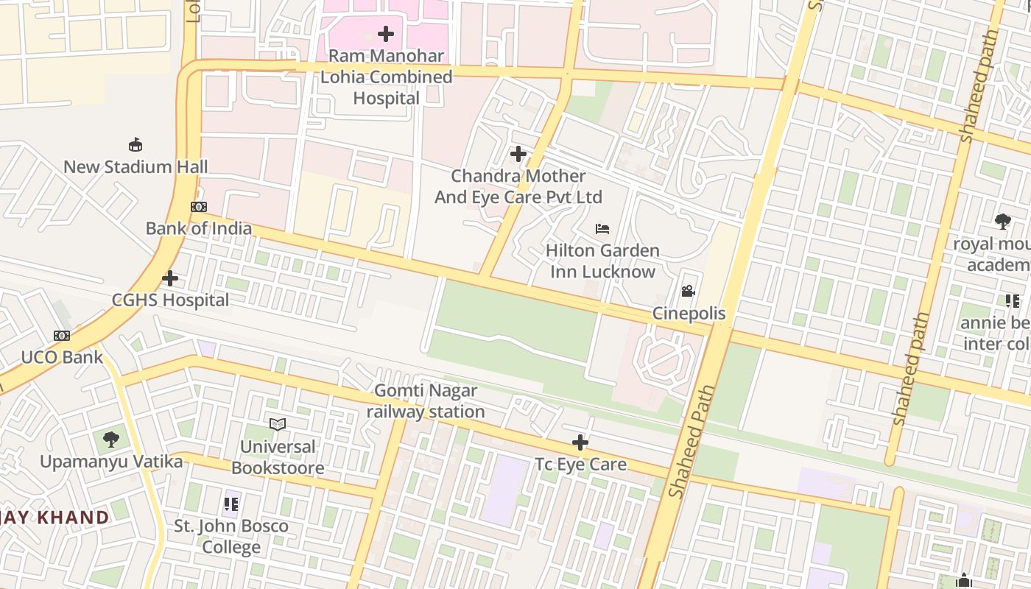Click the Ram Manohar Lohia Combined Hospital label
point(386,77)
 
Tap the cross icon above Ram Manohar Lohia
point(386,34)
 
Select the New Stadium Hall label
point(136,166)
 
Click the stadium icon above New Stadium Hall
point(136,144)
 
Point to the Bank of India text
point(199,228)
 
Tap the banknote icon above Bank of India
point(199,207)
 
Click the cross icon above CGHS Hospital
point(170,278)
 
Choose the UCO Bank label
point(62,357)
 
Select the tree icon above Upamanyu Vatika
point(111,440)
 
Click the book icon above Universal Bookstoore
point(278,424)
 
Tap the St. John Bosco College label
point(231,537)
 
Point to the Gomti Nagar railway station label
point(426,401)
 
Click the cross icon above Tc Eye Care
point(580,442)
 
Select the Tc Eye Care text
point(580,464)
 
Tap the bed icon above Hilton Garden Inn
point(602,229)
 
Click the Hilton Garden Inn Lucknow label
point(602,261)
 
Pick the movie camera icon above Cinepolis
point(689,292)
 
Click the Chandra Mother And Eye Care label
point(518,186)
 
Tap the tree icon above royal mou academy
point(1002,221)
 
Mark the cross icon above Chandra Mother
point(518,154)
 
